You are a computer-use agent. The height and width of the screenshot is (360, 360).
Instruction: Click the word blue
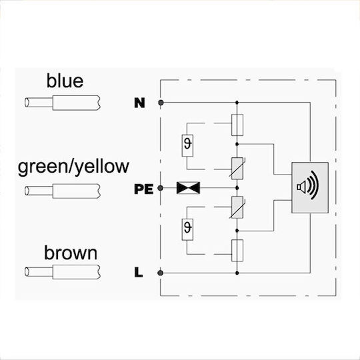pos(65,81)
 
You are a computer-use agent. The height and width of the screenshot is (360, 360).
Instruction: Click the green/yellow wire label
pos(73,167)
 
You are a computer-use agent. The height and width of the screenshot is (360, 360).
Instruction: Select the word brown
pos(71,253)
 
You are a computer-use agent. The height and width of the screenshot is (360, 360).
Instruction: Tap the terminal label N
pos(139,103)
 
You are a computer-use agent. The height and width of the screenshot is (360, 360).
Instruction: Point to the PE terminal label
pos(144,189)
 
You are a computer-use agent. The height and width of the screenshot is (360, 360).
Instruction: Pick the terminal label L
pos(139,273)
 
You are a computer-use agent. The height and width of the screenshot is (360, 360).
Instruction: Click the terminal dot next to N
pos(161,103)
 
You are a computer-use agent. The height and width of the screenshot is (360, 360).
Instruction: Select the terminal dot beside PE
pos(161,188)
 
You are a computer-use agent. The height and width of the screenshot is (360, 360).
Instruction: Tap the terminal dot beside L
pos(161,273)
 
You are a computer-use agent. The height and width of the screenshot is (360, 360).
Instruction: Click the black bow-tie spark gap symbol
pos(188,188)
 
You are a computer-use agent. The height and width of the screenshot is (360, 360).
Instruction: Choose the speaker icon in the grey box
pos(308,185)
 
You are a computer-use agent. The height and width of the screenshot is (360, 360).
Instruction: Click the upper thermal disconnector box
pos(187,145)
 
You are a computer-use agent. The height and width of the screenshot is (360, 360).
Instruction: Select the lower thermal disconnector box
pos(187,229)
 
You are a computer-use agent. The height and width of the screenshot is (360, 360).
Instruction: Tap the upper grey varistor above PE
pos(237,168)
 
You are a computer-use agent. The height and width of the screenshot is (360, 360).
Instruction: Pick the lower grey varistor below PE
pos(237,207)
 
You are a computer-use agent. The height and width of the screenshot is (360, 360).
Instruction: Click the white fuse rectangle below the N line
pos(237,125)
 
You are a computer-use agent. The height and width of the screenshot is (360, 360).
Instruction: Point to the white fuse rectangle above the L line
pos(237,251)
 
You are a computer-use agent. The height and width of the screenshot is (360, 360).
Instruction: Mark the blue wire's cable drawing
pos(63,103)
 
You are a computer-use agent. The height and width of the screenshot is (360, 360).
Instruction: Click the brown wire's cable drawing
pos(63,272)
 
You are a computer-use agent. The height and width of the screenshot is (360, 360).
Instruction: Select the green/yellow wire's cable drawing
pos(63,191)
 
